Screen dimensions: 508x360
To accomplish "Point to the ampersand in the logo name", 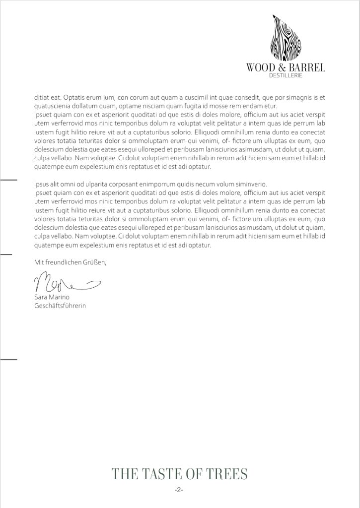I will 281,67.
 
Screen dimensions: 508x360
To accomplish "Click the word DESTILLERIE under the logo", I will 286,75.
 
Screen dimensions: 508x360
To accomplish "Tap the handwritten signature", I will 65,284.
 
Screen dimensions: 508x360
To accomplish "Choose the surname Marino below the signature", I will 61,297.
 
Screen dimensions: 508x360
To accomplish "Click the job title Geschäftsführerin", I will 60,306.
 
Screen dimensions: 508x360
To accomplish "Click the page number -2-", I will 179,490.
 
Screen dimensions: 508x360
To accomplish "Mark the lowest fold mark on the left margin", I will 9,358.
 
